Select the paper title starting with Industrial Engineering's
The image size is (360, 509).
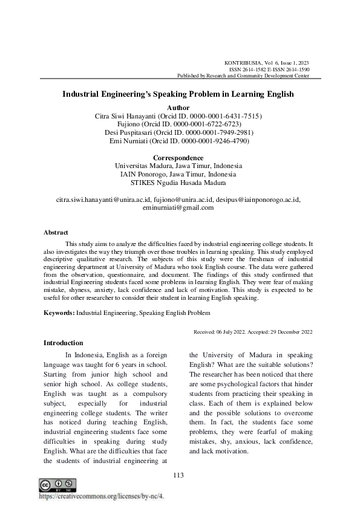click(178, 94)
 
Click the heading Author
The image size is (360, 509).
click(178, 107)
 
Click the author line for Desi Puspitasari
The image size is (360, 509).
click(178, 132)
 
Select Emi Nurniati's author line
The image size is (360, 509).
click(178, 141)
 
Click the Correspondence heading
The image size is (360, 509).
click(178, 157)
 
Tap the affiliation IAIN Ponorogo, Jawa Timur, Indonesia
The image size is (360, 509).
click(178, 174)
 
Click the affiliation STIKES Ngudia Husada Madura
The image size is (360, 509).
click(178, 183)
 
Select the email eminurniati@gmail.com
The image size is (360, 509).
click(178, 207)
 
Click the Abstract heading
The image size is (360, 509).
click(56, 232)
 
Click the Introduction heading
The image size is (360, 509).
click(64, 343)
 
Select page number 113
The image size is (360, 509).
click(178, 475)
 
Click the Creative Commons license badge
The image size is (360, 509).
click(57, 485)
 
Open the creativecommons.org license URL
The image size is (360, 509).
click(101, 496)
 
